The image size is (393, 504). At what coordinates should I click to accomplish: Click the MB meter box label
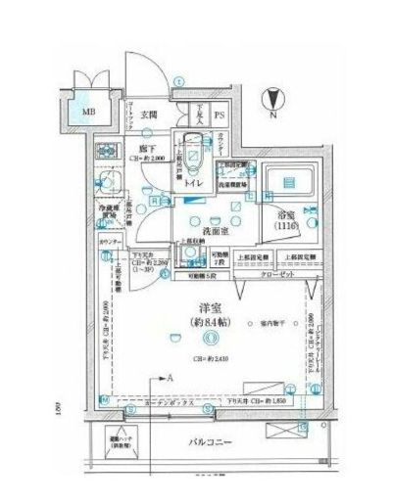click(x=89, y=111)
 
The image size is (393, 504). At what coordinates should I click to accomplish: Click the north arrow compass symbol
click(x=273, y=98)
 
